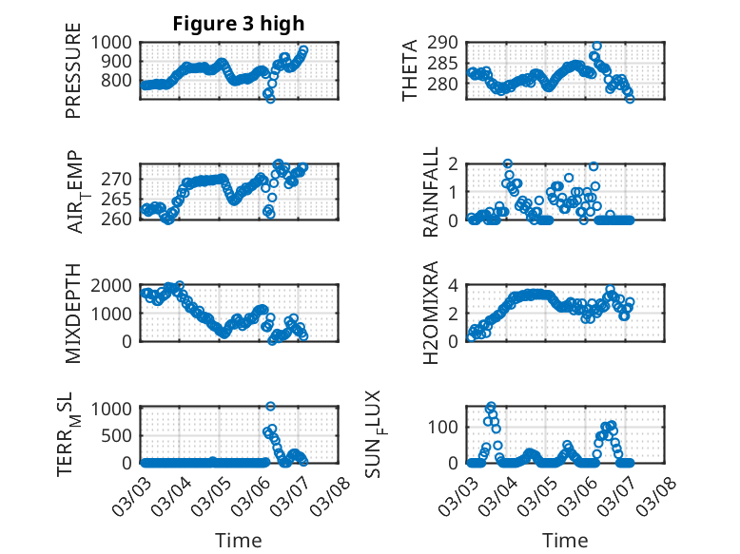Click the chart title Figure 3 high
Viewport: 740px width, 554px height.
pyautogui.click(x=238, y=24)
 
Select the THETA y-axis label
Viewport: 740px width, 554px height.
pyautogui.click(x=410, y=71)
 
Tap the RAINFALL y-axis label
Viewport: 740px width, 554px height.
pyautogui.click(x=431, y=192)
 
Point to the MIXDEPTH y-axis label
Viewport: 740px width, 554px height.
pyautogui.click(x=73, y=314)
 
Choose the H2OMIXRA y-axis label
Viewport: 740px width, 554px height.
pyautogui.click(x=431, y=314)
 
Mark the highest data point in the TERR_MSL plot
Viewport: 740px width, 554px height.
pyautogui.click(x=271, y=407)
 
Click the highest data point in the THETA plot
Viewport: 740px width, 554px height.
pyautogui.click(x=597, y=46)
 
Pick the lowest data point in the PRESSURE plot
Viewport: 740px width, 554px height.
pyautogui.click(x=270, y=98)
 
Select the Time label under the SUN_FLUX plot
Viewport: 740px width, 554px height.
pyautogui.click(x=565, y=541)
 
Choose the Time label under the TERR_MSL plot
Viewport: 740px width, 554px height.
pyautogui.click(x=238, y=541)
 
